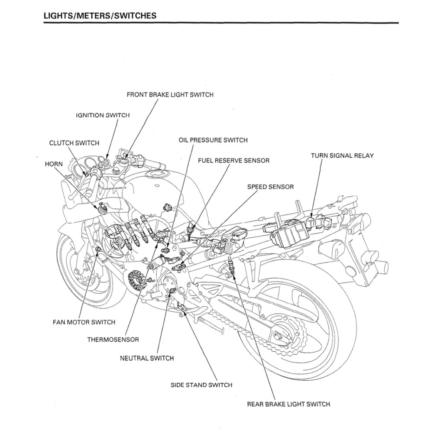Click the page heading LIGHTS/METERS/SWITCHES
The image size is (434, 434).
[x=100, y=16]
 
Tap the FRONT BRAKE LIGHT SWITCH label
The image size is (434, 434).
[x=170, y=94]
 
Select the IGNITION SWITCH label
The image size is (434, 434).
[x=103, y=116]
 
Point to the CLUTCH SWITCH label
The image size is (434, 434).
[x=74, y=143]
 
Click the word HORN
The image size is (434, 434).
[x=54, y=164]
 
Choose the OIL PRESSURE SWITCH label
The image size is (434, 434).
[x=213, y=140]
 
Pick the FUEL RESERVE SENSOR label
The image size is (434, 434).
[x=233, y=161]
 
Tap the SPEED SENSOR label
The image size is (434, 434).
[x=270, y=187]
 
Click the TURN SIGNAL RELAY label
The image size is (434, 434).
[x=342, y=155]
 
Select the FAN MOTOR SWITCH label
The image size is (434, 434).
[x=84, y=322]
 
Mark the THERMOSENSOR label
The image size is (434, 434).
[x=113, y=340]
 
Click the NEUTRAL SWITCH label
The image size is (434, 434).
[x=146, y=358]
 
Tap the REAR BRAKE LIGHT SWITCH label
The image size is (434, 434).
[x=288, y=404]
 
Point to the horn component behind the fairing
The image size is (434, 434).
[x=103, y=208]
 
